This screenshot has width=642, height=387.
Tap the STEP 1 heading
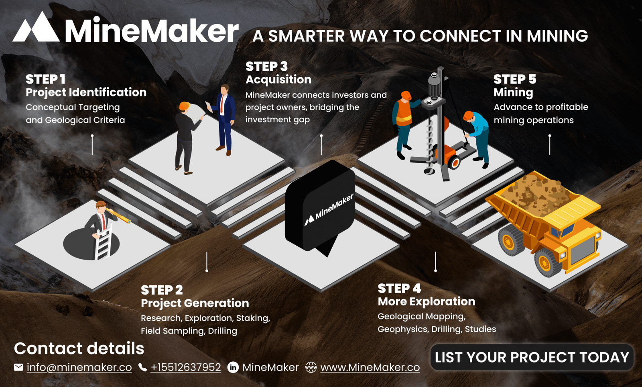coord(46,79)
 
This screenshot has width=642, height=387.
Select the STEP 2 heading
coord(162,290)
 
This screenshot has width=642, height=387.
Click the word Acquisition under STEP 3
coord(278,80)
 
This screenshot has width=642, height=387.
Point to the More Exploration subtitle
coord(427,301)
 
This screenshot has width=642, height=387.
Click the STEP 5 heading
coord(515,79)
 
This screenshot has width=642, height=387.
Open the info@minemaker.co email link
coord(79,367)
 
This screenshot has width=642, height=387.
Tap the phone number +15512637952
coord(186,367)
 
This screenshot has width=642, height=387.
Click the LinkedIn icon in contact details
coord(233,367)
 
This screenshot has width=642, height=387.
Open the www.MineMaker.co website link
coord(370,367)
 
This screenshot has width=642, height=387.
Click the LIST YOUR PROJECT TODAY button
coord(532,357)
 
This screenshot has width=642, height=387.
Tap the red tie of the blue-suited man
coord(221,104)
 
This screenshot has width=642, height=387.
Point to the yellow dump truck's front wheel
coord(544,263)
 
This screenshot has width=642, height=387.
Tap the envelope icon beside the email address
coord(18,367)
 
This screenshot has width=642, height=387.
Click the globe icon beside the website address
coord(311,367)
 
